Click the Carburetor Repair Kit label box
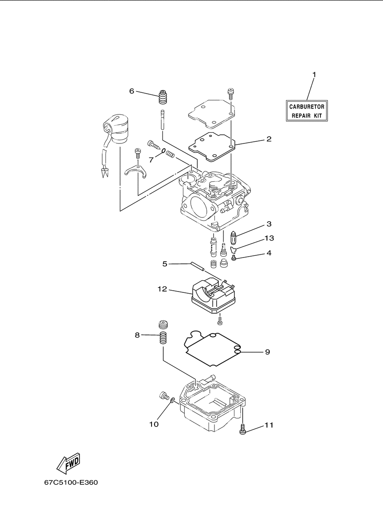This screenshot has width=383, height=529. (307, 111)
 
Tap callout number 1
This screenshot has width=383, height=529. (314, 74)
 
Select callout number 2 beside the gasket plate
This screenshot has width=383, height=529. (269, 139)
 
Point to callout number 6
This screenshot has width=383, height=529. (131, 91)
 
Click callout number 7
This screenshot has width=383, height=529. (151, 160)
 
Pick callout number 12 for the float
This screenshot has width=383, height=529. (162, 289)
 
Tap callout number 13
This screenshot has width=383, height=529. (269, 238)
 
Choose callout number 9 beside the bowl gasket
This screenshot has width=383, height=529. (267, 352)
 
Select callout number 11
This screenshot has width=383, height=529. (269, 425)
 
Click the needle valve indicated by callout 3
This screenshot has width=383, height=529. (233, 238)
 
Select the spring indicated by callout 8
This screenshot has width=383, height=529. (163, 338)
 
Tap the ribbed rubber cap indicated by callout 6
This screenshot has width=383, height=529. (162, 97)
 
